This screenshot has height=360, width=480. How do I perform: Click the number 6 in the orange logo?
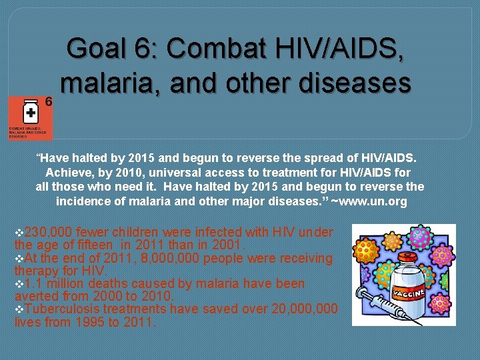tap(48, 101)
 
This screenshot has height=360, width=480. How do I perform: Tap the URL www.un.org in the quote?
tap(373, 201)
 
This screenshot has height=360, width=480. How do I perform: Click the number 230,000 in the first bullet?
tap(48, 233)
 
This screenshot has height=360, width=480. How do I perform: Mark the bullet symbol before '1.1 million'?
tap(18, 284)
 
